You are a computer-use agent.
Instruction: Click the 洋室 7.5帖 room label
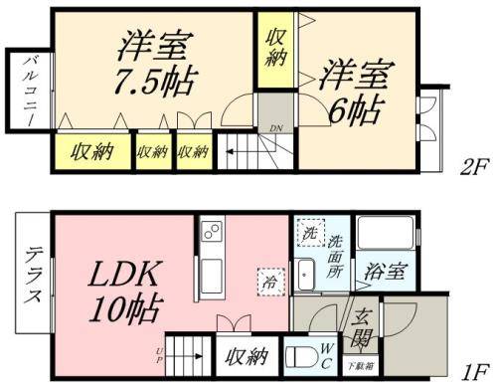[156, 62]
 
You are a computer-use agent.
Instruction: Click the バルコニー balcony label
[30, 89]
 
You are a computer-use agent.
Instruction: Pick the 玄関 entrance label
[363, 325]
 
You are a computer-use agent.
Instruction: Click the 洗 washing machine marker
[308, 234]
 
